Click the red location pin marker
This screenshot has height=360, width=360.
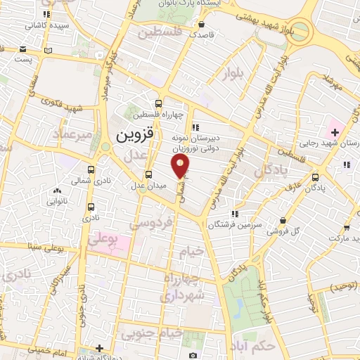click(181, 166)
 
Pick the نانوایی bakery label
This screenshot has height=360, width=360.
click(58, 200)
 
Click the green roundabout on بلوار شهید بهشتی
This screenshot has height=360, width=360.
click(299, 30)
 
